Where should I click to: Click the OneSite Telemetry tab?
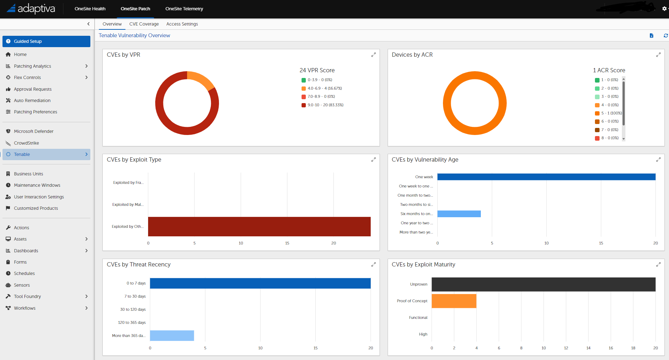[x=184, y=9]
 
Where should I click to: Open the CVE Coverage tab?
[x=144, y=24]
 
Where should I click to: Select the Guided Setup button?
[x=46, y=41]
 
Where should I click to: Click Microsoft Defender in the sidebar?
[x=34, y=131]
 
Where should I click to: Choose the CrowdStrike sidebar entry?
[x=27, y=143]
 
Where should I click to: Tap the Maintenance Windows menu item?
[x=37, y=185]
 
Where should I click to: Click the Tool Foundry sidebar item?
[x=28, y=297]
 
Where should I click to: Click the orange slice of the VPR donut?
[x=201, y=79]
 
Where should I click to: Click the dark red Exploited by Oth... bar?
[x=259, y=227]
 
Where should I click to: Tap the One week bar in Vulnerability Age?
[x=546, y=177]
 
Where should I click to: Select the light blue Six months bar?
[x=459, y=214]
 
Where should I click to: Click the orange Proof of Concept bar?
[x=454, y=301]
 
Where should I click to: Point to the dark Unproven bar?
[x=543, y=285]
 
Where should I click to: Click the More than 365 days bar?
[x=172, y=336]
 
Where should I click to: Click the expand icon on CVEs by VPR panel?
[x=373, y=55]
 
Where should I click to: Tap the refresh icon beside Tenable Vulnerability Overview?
[x=665, y=36]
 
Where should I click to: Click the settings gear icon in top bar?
[x=664, y=9]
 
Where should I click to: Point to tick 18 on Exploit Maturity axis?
[x=633, y=348]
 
